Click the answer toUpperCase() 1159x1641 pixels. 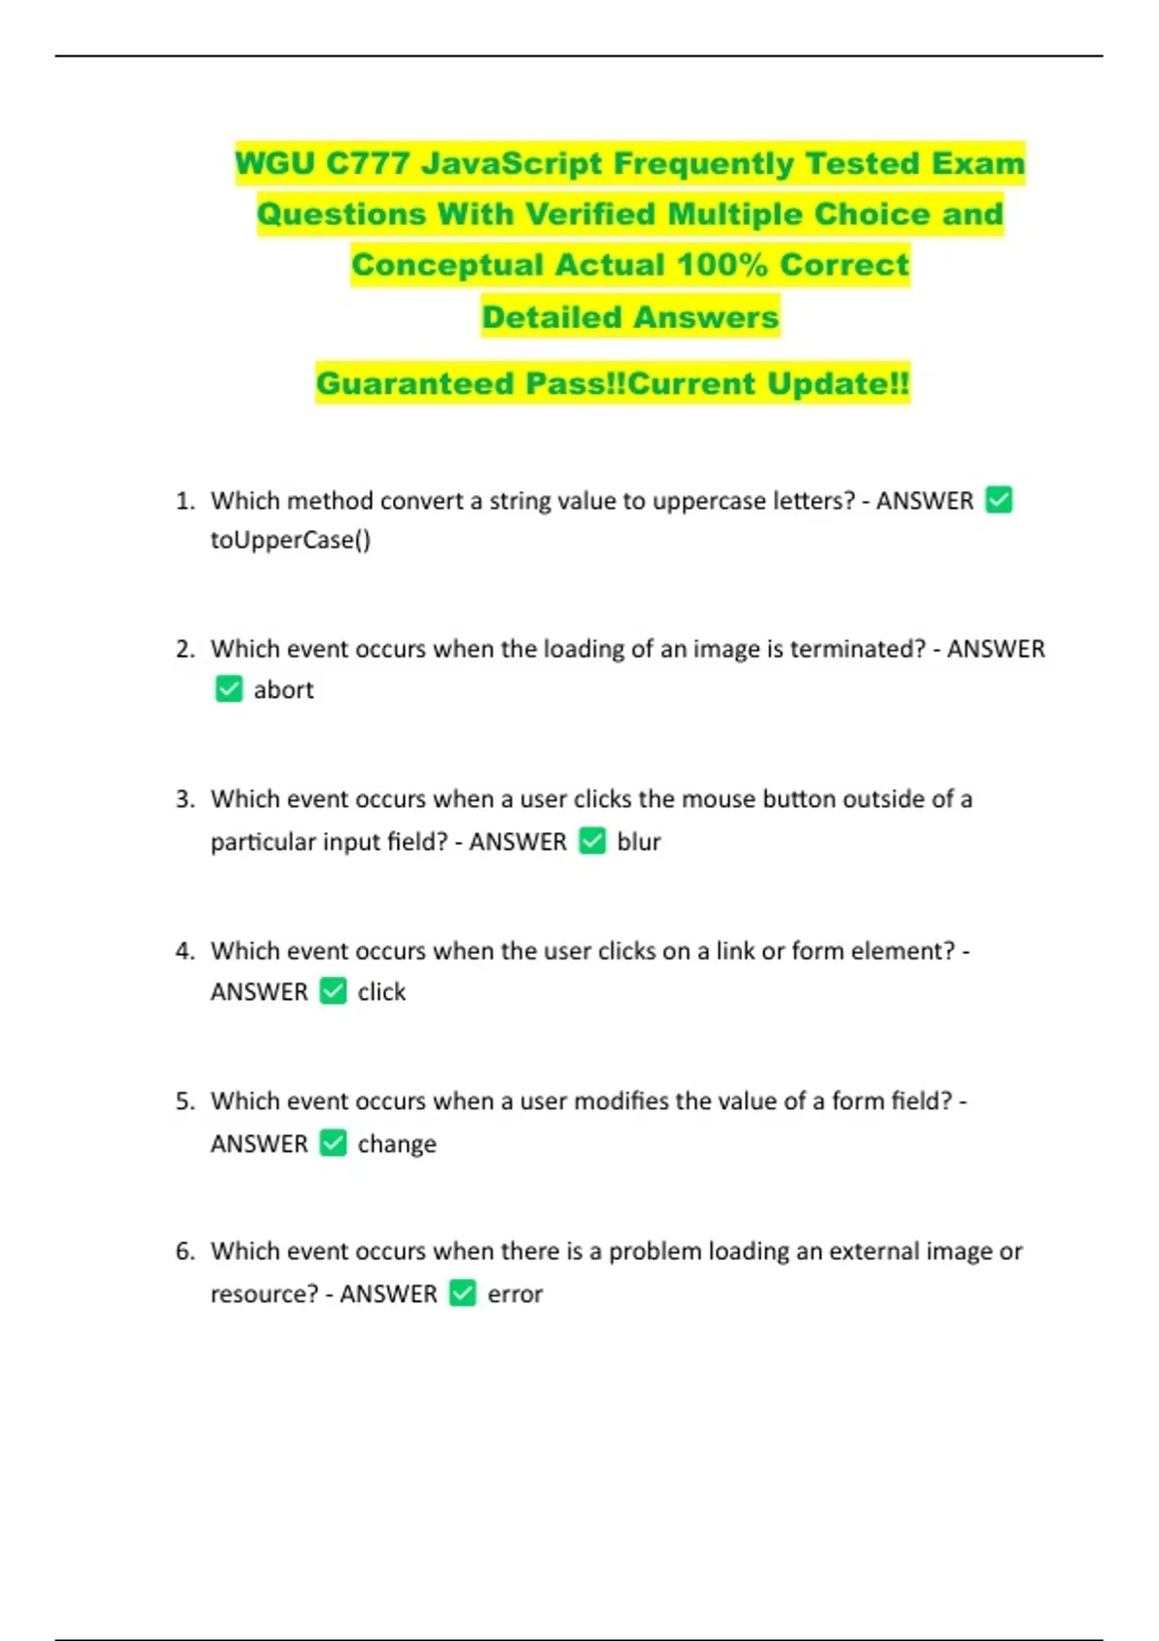point(290,540)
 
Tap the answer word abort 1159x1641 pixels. point(283,690)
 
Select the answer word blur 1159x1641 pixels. point(638,842)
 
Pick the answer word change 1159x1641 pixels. point(396,1144)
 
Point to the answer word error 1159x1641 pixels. point(515,1294)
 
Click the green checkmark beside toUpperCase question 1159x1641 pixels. point(999,500)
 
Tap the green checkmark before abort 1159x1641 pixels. point(229,689)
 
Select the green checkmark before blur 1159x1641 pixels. point(592,841)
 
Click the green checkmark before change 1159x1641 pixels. point(333,1143)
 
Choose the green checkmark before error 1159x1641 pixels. point(463,1293)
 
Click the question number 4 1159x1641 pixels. point(184,951)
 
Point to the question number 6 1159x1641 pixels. point(184,1252)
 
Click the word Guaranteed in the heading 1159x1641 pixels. point(415,383)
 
